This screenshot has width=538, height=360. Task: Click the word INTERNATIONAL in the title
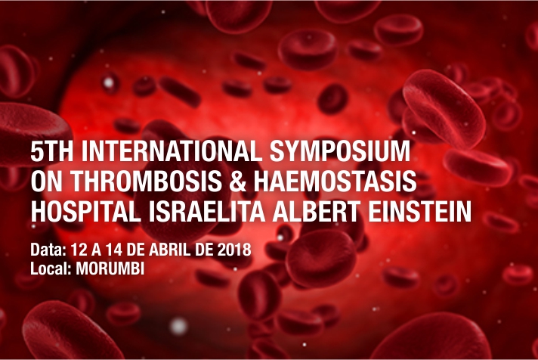click(x=172, y=151)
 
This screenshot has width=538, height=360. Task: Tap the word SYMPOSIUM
click(x=340, y=151)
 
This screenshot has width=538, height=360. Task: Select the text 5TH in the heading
click(x=52, y=151)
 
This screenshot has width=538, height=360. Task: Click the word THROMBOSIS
click(x=146, y=181)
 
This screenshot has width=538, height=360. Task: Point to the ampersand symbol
click(x=238, y=181)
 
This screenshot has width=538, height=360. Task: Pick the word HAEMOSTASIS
click(x=335, y=181)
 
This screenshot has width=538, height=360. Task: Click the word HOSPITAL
click(x=86, y=211)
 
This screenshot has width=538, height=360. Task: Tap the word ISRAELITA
click(x=206, y=211)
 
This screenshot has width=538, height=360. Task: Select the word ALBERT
click(x=316, y=211)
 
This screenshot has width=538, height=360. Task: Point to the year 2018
click(x=234, y=250)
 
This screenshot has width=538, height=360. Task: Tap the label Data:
click(x=48, y=250)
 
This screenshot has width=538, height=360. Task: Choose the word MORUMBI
click(x=110, y=268)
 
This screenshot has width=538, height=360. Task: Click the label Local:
click(x=51, y=268)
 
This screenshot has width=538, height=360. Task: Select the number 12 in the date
click(x=79, y=250)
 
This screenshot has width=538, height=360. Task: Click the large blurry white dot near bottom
click(x=178, y=326)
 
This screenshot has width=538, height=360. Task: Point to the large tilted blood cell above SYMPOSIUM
click(x=444, y=108)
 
